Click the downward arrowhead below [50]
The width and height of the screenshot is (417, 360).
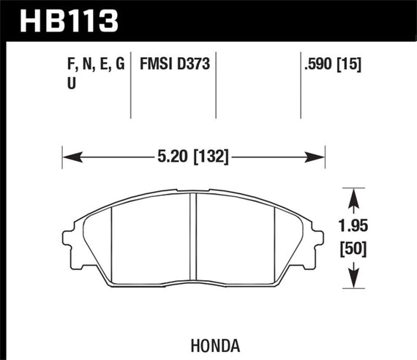[355, 277]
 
